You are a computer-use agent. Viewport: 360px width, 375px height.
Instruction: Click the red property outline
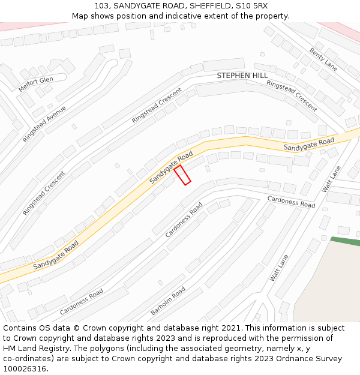pos(182,175)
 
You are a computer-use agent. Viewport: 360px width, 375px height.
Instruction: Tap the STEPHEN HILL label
pos(242,76)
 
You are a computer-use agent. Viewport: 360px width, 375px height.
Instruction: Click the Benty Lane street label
pos(323,59)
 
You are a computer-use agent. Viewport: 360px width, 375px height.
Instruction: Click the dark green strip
pos(345,241)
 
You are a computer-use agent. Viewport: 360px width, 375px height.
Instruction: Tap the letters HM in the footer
pos(10,349)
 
